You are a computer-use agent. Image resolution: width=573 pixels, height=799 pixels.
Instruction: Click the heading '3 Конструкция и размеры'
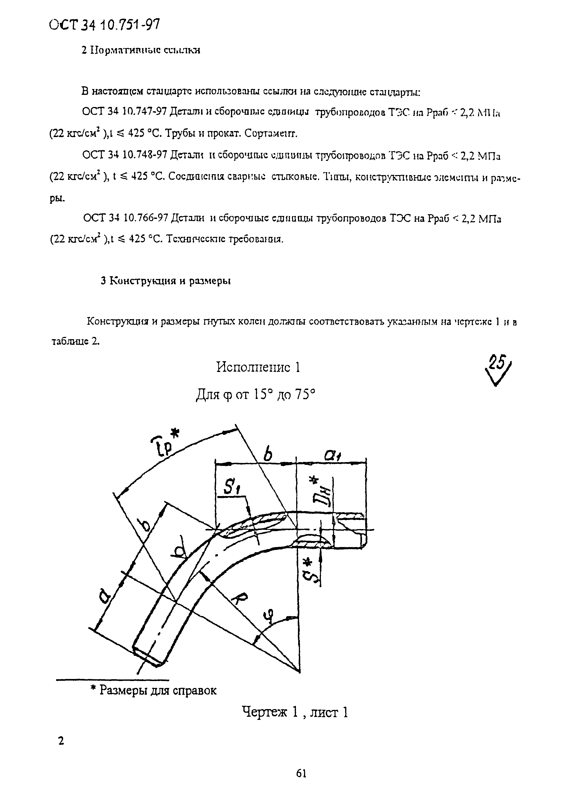click(x=166, y=281)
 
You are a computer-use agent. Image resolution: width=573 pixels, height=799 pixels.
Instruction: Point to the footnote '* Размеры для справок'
click(x=153, y=690)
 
